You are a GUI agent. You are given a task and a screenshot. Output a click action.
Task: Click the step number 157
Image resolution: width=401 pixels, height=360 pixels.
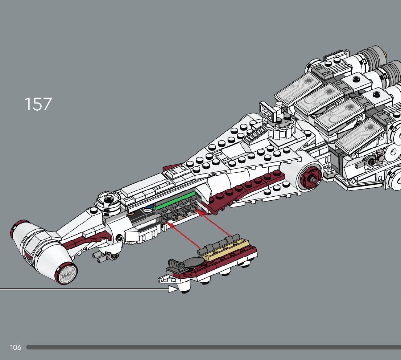point(38,104)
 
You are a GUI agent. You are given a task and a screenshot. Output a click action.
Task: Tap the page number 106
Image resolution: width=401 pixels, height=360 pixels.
point(16,347)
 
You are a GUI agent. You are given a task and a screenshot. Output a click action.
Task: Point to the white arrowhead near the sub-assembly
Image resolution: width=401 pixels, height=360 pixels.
point(174,289)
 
